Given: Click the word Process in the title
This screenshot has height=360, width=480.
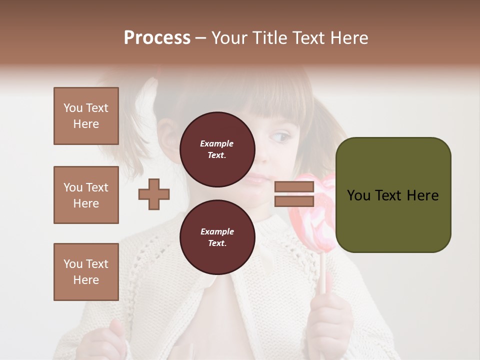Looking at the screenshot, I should (x=157, y=38).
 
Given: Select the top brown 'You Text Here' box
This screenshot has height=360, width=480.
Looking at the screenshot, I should (x=86, y=116).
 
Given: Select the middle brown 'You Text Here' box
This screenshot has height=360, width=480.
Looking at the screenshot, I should (x=86, y=195).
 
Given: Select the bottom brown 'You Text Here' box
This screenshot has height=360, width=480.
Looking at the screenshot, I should (x=86, y=271).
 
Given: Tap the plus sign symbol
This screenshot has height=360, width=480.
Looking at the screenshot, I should (x=154, y=194).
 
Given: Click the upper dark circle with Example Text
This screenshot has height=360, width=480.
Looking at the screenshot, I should (x=217, y=149).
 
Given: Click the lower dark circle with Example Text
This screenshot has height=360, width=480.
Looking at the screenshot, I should (x=217, y=237).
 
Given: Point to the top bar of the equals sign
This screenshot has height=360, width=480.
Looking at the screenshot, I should (x=294, y=187).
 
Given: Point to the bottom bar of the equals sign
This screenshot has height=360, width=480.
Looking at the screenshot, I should (x=294, y=201).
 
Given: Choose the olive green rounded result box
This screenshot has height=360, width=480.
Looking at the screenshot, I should (x=393, y=195).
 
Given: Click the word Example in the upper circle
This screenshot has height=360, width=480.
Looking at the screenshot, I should (x=217, y=143).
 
